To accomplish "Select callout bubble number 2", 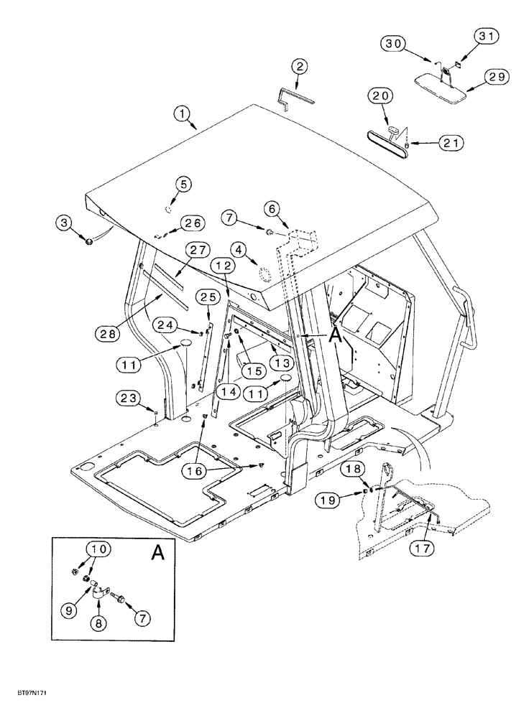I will click(300, 67).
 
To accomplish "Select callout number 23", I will click(128, 396).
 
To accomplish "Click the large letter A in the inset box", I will click(156, 553).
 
